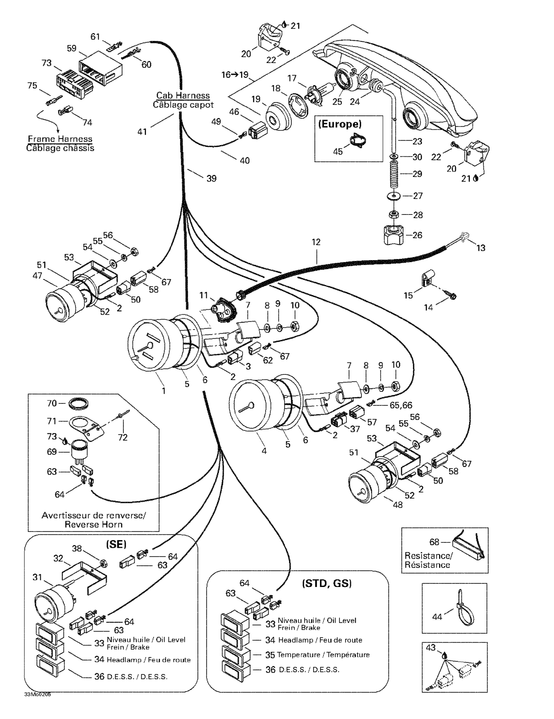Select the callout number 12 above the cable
tap(316, 242)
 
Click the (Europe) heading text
tap(340, 124)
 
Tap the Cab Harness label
tap(183, 95)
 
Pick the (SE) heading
tap(116, 544)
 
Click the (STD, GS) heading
tap(327, 584)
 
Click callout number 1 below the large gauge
tap(164, 391)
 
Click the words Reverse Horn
tap(94, 524)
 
